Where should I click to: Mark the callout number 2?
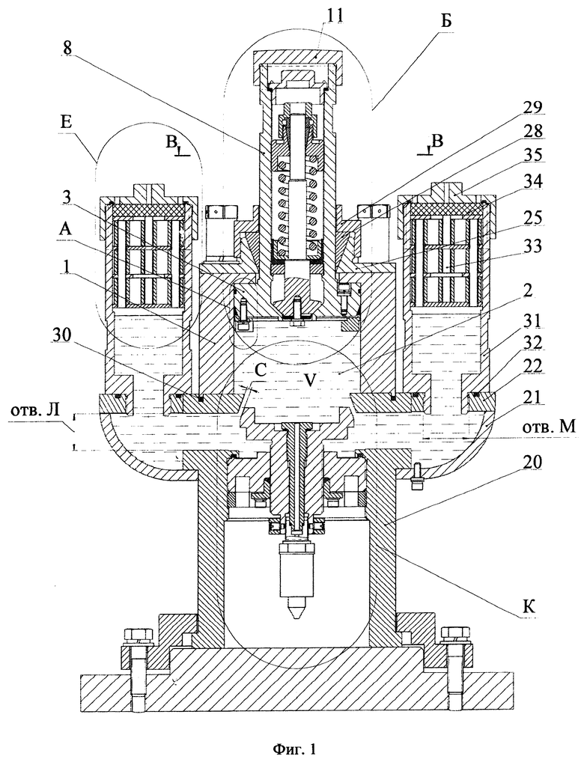[529, 290]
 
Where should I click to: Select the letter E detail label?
[67, 121]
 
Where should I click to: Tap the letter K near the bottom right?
[529, 606]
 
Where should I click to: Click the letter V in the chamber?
[312, 380]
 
